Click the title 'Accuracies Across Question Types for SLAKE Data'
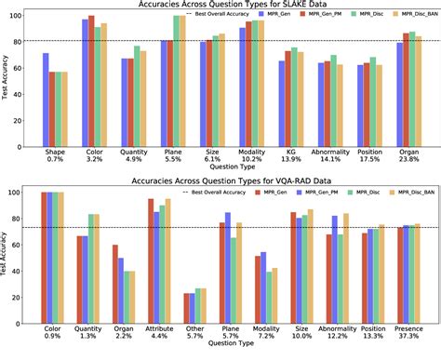(233, 5)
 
